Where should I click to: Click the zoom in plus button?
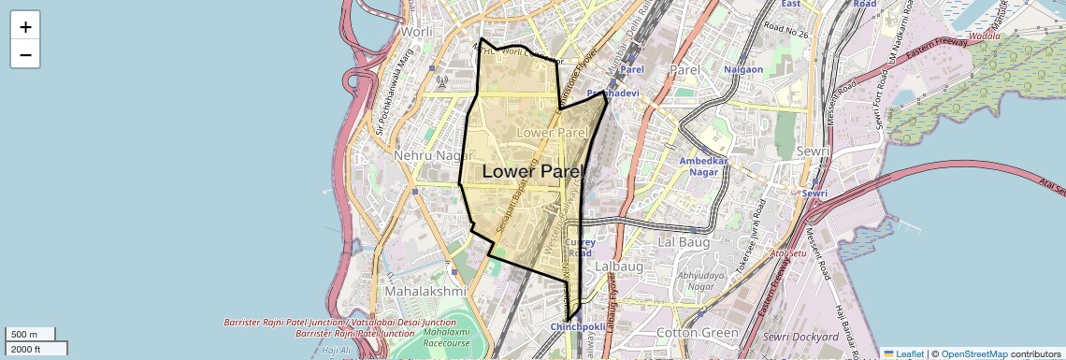point(25,27)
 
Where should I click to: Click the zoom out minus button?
point(25,54)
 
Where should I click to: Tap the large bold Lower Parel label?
point(532,172)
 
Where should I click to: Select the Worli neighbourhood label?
point(415,31)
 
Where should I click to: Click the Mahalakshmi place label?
point(425,291)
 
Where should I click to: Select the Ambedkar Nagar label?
point(702,167)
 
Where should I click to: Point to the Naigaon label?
point(744,69)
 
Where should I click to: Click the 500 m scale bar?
point(31,335)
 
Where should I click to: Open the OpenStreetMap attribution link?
point(973,354)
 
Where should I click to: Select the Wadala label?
point(984,36)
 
